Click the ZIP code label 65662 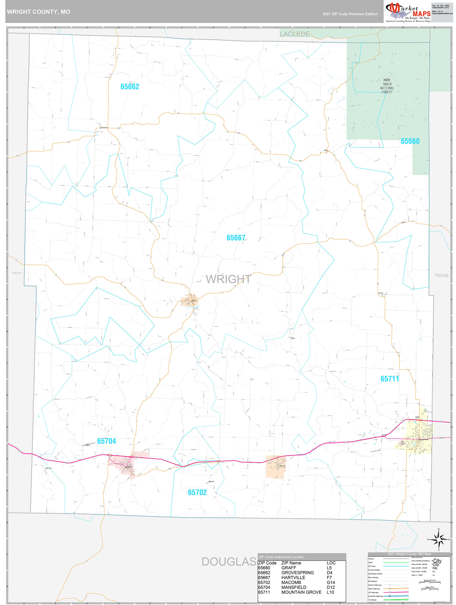coord(130,87)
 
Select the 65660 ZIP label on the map coord(410,141)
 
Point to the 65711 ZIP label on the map coord(390,379)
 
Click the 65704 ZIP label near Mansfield coord(106,441)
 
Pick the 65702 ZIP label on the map coord(197,492)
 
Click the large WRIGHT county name coord(228,279)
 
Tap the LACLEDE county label coord(294,34)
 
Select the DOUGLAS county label coord(229,562)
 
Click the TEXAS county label coord(441,276)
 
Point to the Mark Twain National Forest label coord(387,86)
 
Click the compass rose coord(439,540)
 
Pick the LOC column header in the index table coord(331,563)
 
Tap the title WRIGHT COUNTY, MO coord(39,12)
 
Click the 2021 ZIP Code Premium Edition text coord(350,14)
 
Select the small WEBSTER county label coord(17,273)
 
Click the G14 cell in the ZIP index coord(330,583)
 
